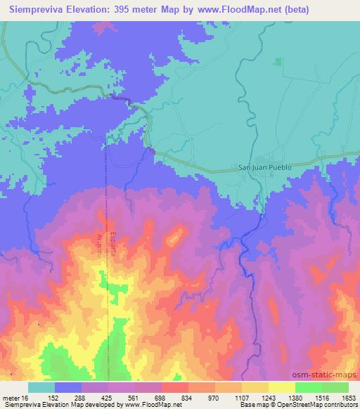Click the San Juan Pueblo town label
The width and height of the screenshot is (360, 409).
coord(265,168)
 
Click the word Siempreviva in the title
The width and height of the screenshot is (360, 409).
coord(37,9)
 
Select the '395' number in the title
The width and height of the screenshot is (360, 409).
coord(125,9)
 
